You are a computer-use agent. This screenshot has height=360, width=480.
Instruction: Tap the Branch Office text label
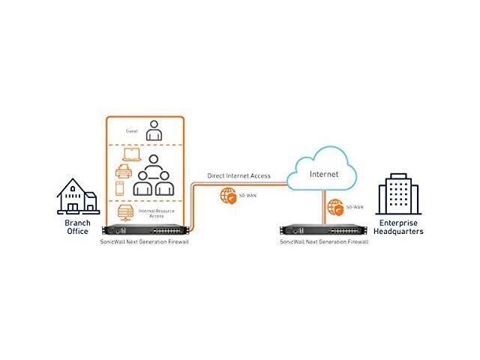tap(77, 227)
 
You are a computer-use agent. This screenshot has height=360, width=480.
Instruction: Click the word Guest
tap(132, 130)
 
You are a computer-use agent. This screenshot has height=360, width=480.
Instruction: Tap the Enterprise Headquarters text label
tap(400, 227)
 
